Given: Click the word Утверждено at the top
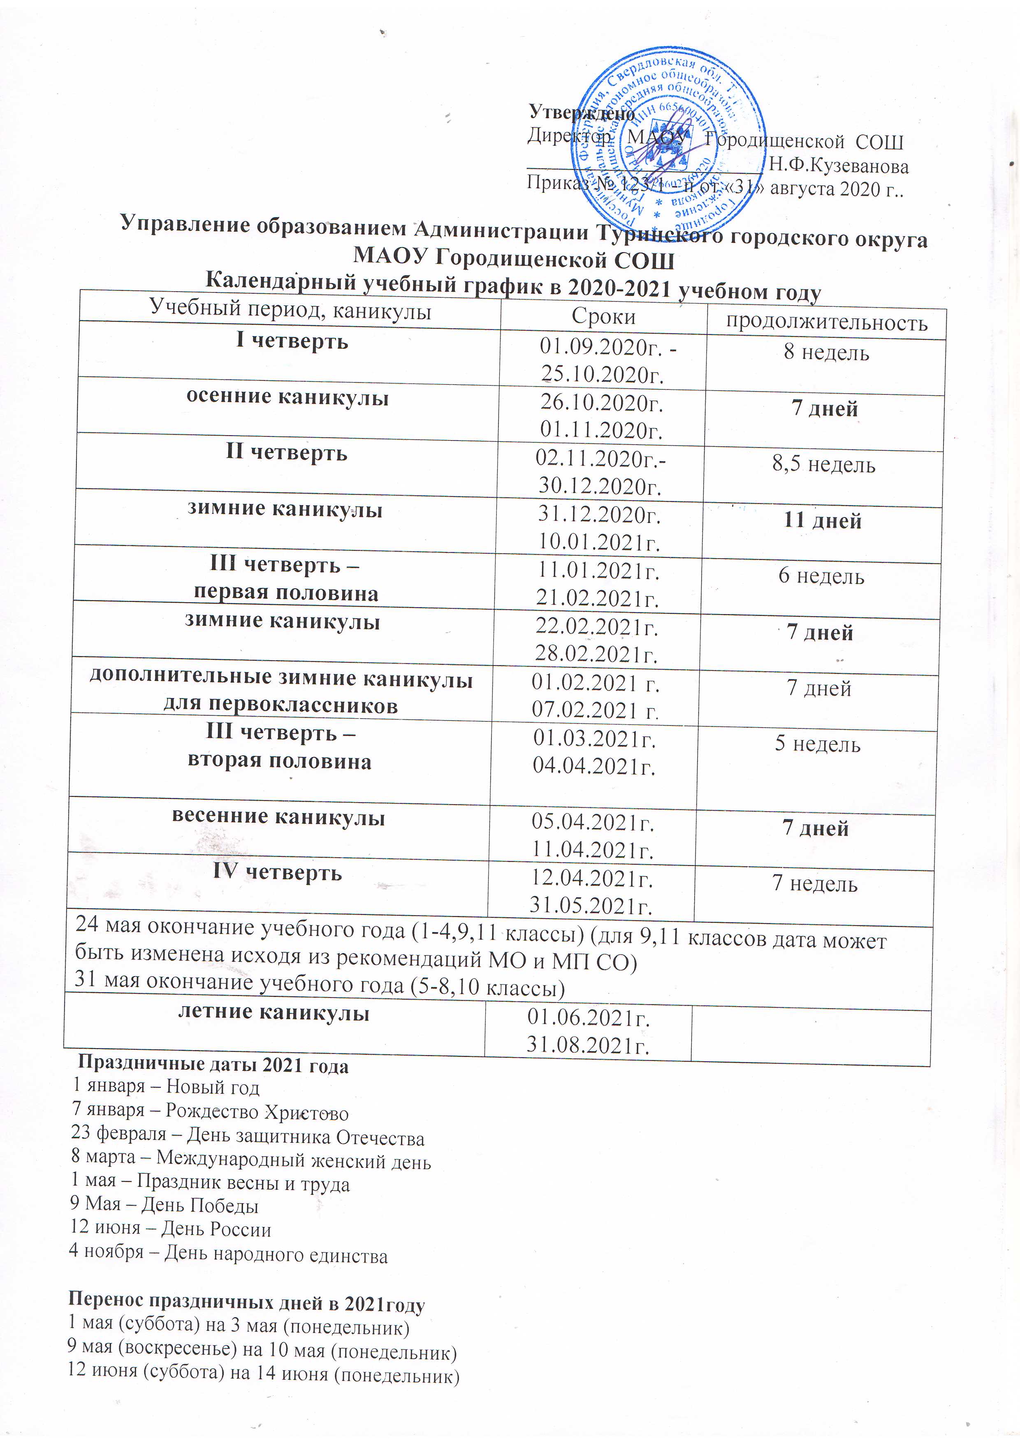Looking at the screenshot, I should (x=581, y=112).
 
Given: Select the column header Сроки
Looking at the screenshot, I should (x=603, y=317).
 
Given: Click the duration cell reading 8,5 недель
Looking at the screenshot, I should (x=823, y=465).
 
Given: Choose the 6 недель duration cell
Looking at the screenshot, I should (x=821, y=576).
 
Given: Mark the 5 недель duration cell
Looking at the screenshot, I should (x=818, y=744).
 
